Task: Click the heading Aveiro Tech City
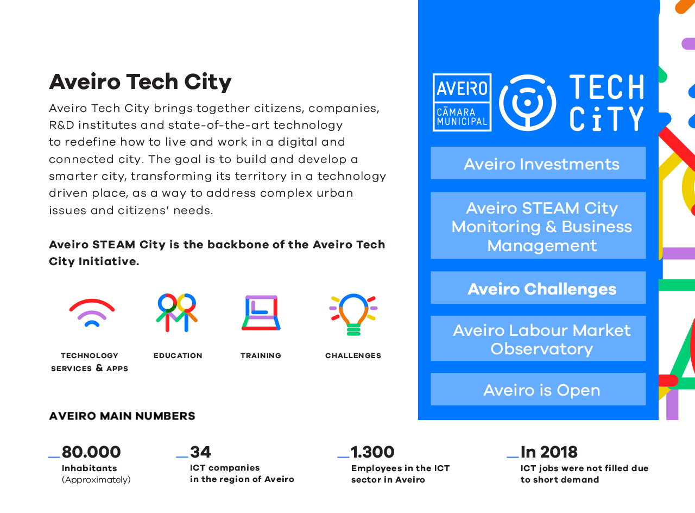pos(140,82)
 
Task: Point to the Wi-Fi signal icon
pos(92,312)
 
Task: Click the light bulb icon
pos(353,314)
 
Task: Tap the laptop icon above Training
pos(261,313)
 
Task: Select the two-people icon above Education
pos(177,312)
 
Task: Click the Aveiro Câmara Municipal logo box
pos(462,102)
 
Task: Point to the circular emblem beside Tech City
pos(527,102)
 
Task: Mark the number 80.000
pos(91,452)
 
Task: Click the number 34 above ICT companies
pos(200,452)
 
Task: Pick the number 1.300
pos(372,452)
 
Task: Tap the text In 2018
pos(549,452)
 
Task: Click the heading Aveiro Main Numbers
pos(122,416)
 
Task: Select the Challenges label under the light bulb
pos(353,355)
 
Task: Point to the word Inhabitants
pos(90,468)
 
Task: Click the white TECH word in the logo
pos(606,87)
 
